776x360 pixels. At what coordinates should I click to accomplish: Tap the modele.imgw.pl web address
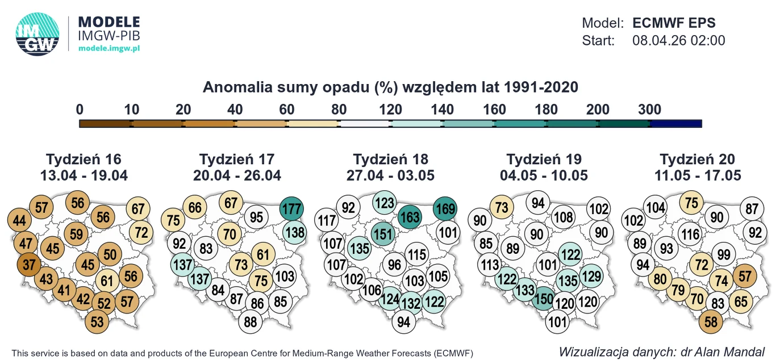tap(109, 48)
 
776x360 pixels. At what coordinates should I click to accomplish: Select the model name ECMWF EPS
tap(674, 23)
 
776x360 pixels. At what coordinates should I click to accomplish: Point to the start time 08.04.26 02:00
tap(678, 40)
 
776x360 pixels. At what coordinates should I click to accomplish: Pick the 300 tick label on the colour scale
tap(650, 110)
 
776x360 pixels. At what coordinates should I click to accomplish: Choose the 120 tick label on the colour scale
tap(391, 110)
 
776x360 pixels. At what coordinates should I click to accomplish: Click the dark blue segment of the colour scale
tap(676, 123)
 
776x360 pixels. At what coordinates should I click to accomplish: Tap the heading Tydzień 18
tap(390, 159)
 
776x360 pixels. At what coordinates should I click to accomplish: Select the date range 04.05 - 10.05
tap(544, 175)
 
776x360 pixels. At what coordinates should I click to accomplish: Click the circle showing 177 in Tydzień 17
tap(292, 208)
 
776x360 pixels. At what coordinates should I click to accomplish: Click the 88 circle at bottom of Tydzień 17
tap(251, 322)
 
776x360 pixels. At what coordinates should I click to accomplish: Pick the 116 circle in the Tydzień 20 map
tap(690, 234)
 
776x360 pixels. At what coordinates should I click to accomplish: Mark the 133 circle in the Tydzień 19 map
tap(525, 290)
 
